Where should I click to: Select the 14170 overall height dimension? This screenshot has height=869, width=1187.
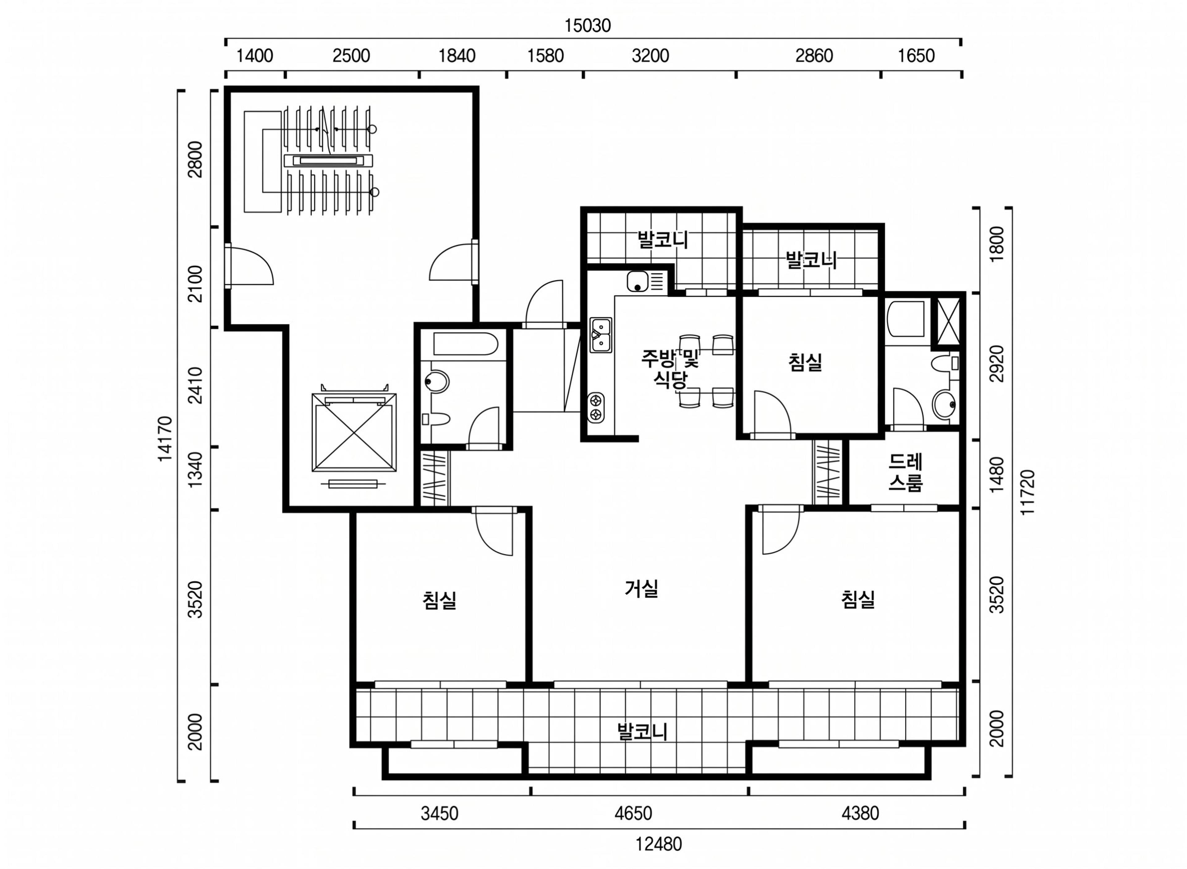point(165,438)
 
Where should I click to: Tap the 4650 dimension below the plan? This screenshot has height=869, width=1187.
point(633,814)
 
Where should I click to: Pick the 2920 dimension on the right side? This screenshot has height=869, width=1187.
point(997,364)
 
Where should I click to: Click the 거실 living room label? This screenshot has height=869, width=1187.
point(642,588)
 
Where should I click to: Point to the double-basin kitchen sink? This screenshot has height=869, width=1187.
point(601,335)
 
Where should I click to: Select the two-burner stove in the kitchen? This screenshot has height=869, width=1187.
point(596,407)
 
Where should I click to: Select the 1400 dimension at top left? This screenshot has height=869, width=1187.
point(254,56)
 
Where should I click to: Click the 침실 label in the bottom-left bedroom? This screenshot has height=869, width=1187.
point(439,600)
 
